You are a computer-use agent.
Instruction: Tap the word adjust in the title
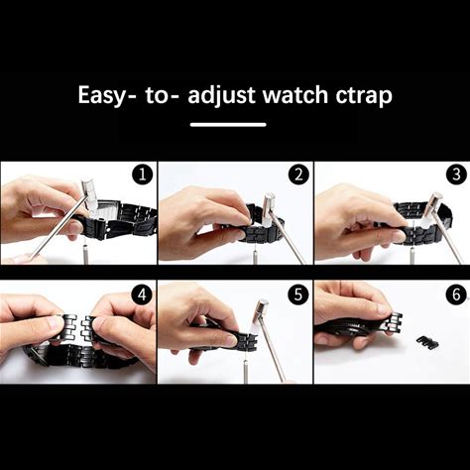click(x=221, y=95)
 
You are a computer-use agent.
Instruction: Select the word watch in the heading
click(x=294, y=94)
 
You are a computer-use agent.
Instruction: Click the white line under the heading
click(x=228, y=125)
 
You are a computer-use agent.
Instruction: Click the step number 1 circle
click(x=142, y=175)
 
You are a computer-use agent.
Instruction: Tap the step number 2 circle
click(x=298, y=175)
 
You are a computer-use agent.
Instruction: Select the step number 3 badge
click(x=456, y=175)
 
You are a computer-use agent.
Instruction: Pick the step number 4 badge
click(x=142, y=294)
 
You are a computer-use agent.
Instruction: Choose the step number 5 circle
click(x=298, y=294)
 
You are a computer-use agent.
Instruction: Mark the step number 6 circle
click(x=456, y=294)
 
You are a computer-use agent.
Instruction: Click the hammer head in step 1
click(x=91, y=193)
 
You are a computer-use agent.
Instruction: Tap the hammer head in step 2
click(x=271, y=207)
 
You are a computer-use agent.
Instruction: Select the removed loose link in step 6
click(x=427, y=342)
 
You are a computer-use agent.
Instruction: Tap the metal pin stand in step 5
click(x=246, y=371)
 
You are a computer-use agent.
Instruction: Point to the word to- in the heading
click(x=162, y=95)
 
